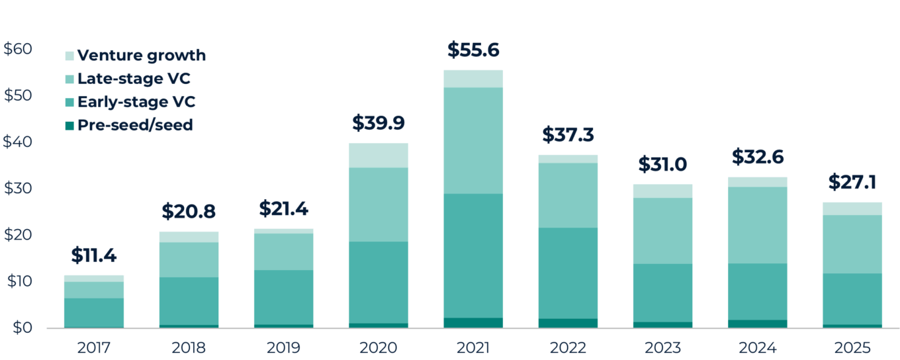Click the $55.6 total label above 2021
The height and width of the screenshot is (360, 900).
[473, 50]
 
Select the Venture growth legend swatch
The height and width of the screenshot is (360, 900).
[69, 56]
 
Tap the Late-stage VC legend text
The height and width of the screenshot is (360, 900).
[134, 79]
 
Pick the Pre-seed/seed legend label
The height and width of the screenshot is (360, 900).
[135, 124]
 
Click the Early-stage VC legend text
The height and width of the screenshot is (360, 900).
[136, 102]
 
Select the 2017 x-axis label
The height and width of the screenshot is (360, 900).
[94, 347]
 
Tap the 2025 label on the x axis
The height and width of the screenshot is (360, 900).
[852, 347]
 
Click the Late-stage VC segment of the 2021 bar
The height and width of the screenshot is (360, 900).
[473, 140]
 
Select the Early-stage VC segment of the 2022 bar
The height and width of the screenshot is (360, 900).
[568, 273]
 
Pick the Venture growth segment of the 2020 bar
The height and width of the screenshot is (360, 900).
[379, 156]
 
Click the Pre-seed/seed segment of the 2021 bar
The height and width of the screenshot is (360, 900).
[473, 323]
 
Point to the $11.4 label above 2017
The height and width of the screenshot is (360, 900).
[94, 255]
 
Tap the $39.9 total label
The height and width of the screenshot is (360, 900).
[379, 123]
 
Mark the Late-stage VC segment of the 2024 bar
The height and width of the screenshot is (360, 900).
[758, 225]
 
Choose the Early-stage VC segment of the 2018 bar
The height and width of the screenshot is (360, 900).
[189, 300]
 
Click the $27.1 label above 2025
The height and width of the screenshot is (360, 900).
[852, 183]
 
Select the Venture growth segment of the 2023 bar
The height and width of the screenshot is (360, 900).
[663, 191]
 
